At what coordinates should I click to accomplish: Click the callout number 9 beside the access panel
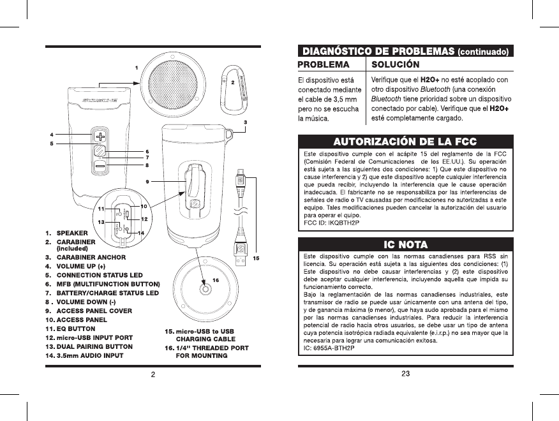point(147,182)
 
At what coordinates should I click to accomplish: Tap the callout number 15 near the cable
point(256,258)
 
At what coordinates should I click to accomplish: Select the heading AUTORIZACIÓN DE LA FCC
point(405,141)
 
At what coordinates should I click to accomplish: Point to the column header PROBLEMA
point(324,64)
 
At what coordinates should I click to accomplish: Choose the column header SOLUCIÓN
point(396,64)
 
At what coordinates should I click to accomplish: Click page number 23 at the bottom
point(405,374)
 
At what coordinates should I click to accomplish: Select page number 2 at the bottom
point(153,374)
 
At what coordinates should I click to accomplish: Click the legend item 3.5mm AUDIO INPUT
point(89,355)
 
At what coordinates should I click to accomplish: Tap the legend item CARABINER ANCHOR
point(91,257)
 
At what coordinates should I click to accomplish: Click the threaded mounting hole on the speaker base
point(205,289)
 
